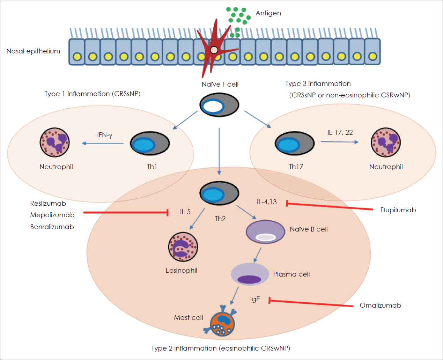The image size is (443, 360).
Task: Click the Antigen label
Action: [268, 13]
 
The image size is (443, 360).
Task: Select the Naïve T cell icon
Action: [219, 105]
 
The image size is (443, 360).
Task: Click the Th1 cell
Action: [150, 143]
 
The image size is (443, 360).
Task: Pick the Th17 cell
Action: [295, 143]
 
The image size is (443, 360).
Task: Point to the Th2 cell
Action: [219, 193]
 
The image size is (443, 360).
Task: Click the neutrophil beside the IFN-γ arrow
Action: [54, 142]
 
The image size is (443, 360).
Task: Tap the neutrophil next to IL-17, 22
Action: [385, 142]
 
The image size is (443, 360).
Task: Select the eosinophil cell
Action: [183, 247]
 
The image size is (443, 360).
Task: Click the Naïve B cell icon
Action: [265, 232]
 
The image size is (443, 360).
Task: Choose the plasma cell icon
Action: [250, 274]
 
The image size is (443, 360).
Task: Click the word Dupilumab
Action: [398, 210]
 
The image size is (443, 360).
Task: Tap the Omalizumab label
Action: [380, 306]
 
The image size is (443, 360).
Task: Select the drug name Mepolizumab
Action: [52, 215]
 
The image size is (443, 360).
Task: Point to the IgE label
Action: [255, 299]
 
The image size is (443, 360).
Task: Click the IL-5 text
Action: [185, 212]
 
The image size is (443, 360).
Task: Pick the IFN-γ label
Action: [104, 135]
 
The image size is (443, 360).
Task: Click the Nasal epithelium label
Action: [33, 51]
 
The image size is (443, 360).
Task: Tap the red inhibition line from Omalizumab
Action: [311, 303]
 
